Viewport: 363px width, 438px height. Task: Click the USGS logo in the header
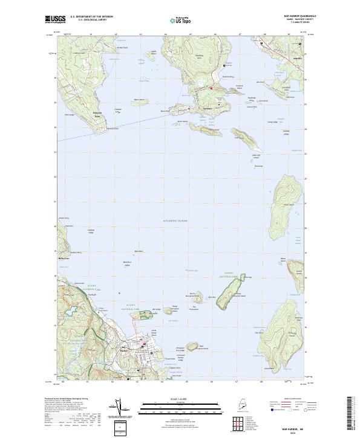[56, 19]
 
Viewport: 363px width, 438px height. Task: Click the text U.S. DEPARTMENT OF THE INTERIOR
[92, 16]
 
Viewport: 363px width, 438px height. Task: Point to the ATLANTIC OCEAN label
[175, 221]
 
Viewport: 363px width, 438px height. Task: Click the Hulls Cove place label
[64, 259]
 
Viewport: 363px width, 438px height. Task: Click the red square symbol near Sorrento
[211, 89]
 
